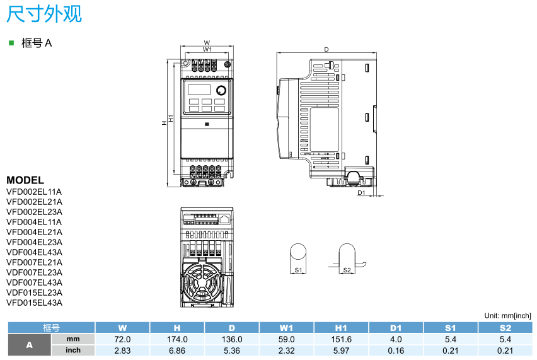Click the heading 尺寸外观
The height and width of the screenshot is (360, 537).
tap(43, 14)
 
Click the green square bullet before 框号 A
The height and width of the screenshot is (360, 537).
tap(11, 43)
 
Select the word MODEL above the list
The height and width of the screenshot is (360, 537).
tap(25, 180)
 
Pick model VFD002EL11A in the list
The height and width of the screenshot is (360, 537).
tap(34, 192)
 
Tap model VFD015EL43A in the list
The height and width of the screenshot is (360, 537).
tap(34, 303)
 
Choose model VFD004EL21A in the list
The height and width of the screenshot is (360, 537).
tap(34, 232)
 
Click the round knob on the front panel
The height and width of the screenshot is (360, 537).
tap(221, 90)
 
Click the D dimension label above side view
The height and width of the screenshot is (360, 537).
tap(326, 49)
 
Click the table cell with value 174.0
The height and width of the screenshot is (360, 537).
tap(177, 339)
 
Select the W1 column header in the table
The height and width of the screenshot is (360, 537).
tap(286, 328)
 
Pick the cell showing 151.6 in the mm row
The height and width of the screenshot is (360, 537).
tap(341, 339)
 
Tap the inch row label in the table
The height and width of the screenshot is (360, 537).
tap(73, 350)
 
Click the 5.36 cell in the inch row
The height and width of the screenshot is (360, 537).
tap(231, 350)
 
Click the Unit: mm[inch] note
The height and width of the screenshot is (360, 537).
tap(507, 315)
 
